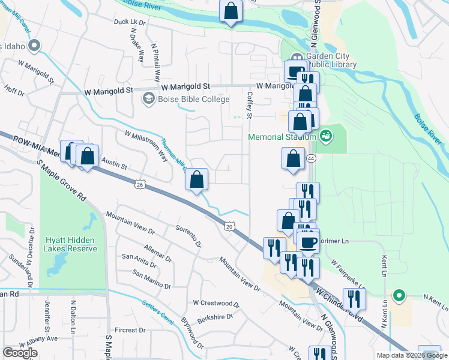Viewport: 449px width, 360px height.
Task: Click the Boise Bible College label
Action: pyautogui.click(x=185, y=99)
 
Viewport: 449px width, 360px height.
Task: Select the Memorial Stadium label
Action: pyautogui.click(x=282, y=137)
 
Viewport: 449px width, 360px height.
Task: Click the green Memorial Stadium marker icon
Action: pyautogui.click(x=325, y=136)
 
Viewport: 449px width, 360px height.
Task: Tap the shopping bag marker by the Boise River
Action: pyautogui.click(x=231, y=11)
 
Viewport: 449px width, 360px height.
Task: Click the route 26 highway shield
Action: pyautogui.click(x=140, y=184)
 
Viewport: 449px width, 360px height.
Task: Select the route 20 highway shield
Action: pyautogui.click(x=229, y=226)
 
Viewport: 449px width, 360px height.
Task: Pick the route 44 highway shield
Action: pyautogui.click(x=310, y=158)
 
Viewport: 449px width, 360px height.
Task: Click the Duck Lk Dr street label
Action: pyautogui.click(x=130, y=22)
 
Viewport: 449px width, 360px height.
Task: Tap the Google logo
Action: pyautogui.click(x=20, y=353)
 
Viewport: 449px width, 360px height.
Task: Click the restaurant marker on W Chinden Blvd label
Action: pyautogui.click(x=354, y=299)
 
